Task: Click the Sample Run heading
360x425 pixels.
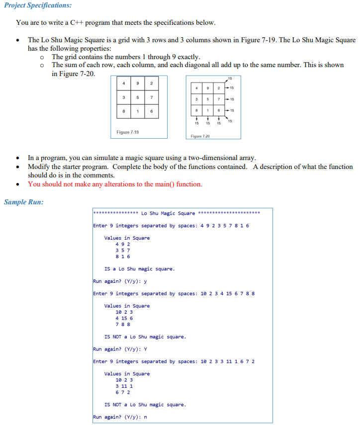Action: (23, 202)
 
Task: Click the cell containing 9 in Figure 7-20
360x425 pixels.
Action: (207, 88)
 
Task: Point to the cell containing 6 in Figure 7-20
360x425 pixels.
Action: (218, 110)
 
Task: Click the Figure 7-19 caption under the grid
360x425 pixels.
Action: (127, 132)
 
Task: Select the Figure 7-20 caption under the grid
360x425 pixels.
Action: (200, 136)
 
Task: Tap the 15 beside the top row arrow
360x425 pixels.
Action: (232, 88)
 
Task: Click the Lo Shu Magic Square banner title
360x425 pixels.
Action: (168, 214)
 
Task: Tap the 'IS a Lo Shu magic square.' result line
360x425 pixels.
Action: (139, 269)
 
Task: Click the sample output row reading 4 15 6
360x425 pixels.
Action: (124, 318)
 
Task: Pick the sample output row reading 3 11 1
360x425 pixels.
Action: (124, 386)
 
